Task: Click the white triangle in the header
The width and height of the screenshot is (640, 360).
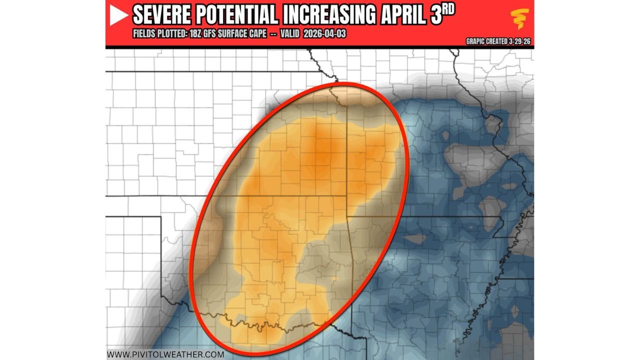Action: [119, 16]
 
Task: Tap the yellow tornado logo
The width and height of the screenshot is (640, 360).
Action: [520, 19]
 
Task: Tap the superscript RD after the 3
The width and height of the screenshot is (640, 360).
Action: [448, 10]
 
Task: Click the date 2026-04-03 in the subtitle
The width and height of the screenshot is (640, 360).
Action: [325, 34]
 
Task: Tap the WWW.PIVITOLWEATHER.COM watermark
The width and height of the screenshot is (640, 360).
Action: [165, 354]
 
